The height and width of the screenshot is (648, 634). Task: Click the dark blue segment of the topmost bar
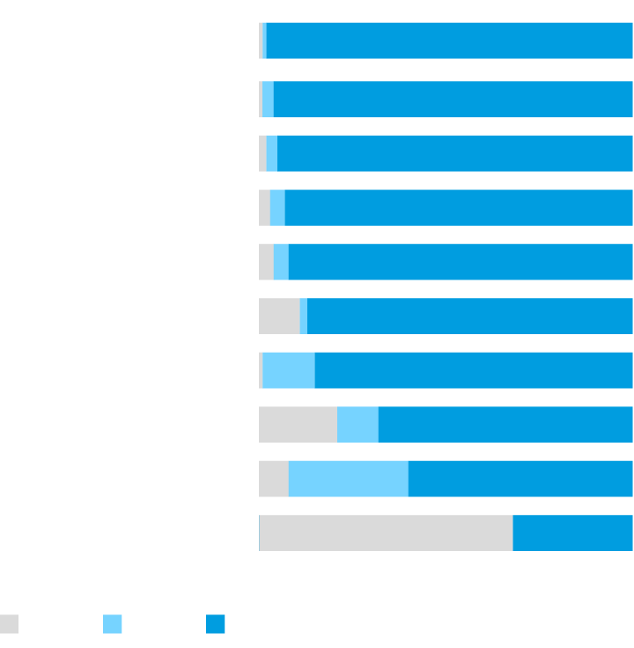click(x=449, y=41)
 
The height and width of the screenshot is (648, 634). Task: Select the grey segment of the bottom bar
click(x=387, y=533)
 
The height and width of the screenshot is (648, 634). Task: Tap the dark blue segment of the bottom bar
click(x=572, y=533)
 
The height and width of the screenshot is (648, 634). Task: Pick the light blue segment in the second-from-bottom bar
click(x=348, y=479)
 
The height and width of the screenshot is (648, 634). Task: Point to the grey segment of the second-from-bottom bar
click(x=273, y=479)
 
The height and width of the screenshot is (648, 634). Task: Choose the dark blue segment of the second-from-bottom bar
click(x=520, y=479)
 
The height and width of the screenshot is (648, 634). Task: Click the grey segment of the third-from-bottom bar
click(x=298, y=425)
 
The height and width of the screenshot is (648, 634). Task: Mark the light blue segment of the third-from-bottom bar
click(x=358, y=425)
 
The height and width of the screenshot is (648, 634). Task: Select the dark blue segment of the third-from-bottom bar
click(x=505, y=425)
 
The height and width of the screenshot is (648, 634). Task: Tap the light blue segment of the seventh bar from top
click(x=288, y=370)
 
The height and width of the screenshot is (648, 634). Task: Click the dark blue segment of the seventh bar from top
click(x=474, y=370)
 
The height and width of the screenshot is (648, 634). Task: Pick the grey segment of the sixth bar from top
click(x=278, y=316)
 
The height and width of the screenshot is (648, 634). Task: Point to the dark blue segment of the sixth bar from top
click(x=470, y=316)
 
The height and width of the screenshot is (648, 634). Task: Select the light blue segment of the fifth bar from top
click(x=281, y=262)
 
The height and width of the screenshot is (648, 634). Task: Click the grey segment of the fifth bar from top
click(x=266, y=262)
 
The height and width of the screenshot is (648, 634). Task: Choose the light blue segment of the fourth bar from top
click(x=277, y=207)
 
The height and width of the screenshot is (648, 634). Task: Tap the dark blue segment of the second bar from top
click(x=453, y=99)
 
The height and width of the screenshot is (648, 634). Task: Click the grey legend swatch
click(x=9, y=624)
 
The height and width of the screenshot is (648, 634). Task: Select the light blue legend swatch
click(x=113, y=624)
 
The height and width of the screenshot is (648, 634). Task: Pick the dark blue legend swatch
click(x=216, y=624)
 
